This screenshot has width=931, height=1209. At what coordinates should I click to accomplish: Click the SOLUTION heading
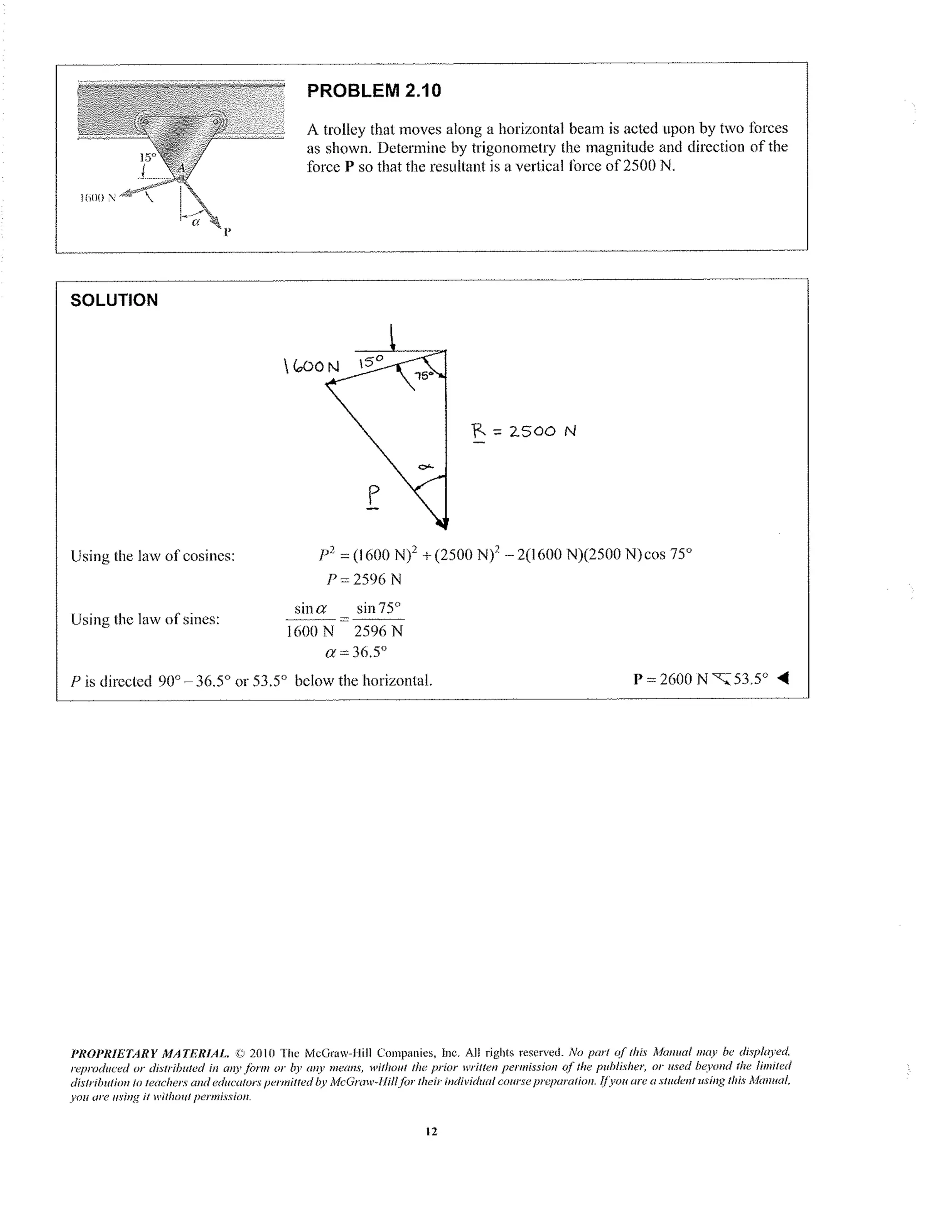114,300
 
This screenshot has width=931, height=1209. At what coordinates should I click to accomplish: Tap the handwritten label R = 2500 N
524,431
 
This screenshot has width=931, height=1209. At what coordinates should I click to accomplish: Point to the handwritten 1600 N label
311,366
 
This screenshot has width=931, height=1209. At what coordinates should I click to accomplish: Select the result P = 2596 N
363,579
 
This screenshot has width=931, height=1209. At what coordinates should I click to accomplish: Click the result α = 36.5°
356,652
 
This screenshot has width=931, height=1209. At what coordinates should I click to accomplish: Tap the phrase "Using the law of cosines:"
153,556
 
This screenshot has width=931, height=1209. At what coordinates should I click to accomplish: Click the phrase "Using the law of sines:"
145,619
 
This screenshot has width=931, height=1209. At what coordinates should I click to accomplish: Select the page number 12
431,1132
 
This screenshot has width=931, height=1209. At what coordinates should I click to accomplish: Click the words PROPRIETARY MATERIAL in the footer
150,1053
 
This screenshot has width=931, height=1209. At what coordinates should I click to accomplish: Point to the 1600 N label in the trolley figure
98,197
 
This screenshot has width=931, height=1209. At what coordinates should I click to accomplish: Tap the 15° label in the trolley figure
147,157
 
